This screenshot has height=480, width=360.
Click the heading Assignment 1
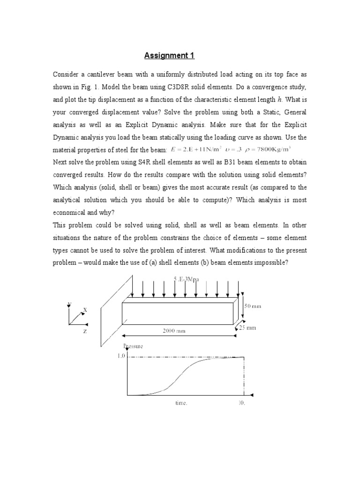click(169, 56)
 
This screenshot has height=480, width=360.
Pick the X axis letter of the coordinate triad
click(85, 310)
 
